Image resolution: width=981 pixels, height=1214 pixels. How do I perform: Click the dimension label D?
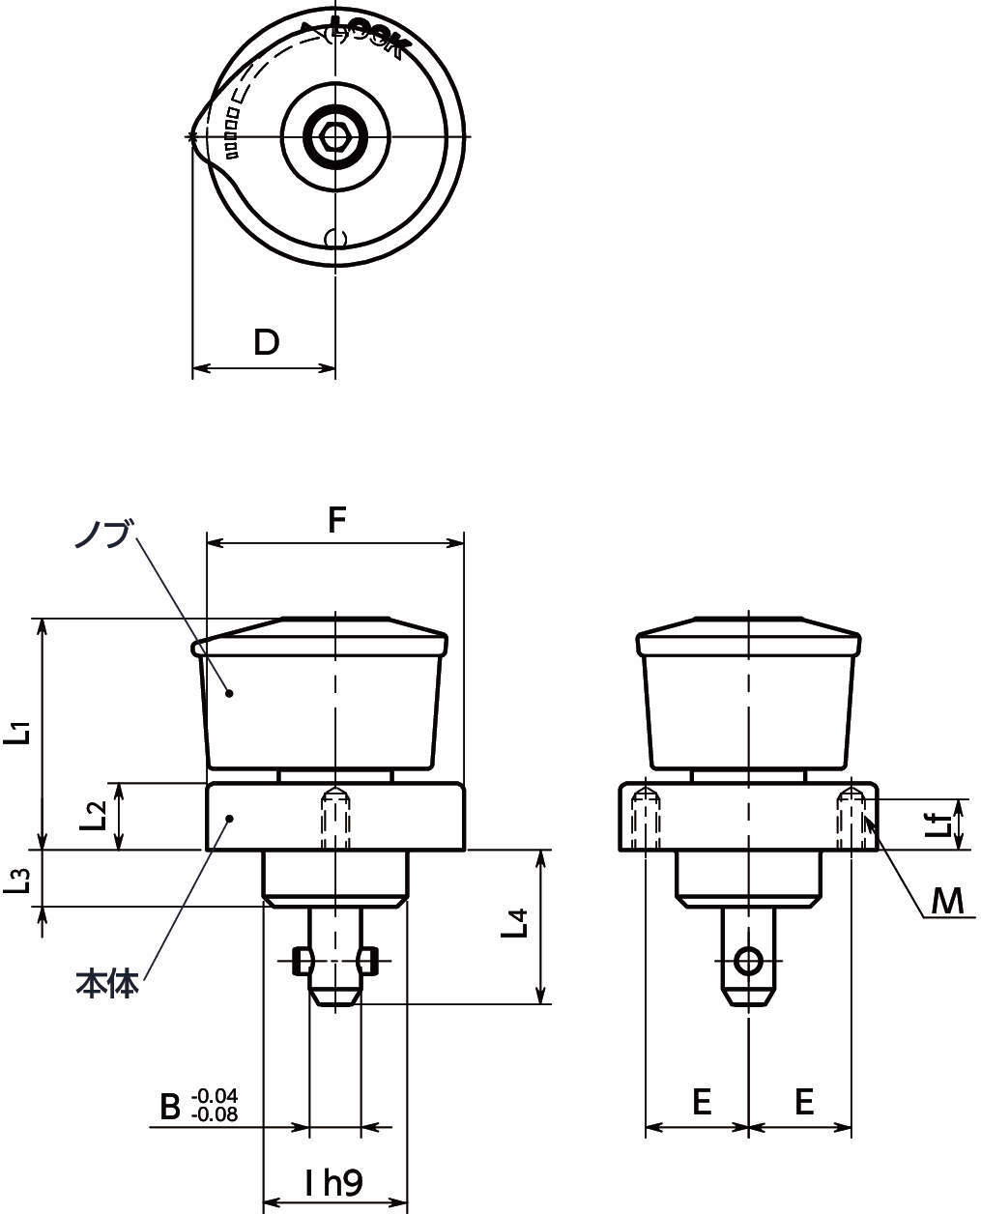[x=266, y=341]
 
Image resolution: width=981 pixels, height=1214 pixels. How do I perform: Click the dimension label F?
[x=335, y=520]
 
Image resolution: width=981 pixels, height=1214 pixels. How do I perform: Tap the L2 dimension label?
[x=94, y=816]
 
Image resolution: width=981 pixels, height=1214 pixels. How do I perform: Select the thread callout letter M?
[x=947, y=901]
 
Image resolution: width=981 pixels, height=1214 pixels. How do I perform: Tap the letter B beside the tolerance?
[x=170, y=1106]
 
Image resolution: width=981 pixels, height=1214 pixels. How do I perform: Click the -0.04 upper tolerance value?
[x=215, y=1096]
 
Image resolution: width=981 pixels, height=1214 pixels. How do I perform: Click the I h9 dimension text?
[x=333, y=1182]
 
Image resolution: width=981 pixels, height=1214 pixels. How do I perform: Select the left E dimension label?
[x=702, y=1101]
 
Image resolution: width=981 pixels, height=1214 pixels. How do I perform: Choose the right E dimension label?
[x=804, y=1101]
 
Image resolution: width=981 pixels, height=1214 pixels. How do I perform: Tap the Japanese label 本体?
[x=106, y=984]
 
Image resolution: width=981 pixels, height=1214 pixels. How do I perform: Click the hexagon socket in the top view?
[x=334, y=136]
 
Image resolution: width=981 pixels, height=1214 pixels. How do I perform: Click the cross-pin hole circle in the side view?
[x=748, y=961]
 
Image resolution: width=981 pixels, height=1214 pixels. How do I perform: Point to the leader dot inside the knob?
[x=229, y=692]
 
